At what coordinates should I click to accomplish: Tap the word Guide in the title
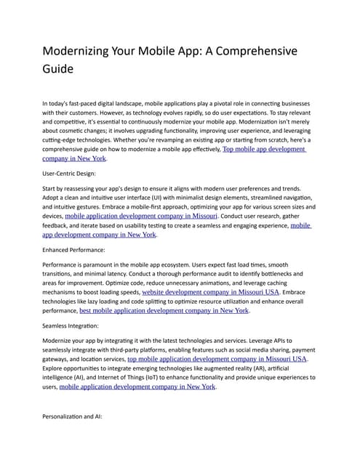[58, 70]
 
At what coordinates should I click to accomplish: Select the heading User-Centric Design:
[75, 174]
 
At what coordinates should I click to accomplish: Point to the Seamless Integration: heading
[75, 326]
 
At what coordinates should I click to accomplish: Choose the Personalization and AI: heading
[79, 417]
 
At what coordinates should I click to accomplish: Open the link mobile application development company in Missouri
[141, 216]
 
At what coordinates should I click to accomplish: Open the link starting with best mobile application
[164, 311]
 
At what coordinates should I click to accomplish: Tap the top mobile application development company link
[217, 359]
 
